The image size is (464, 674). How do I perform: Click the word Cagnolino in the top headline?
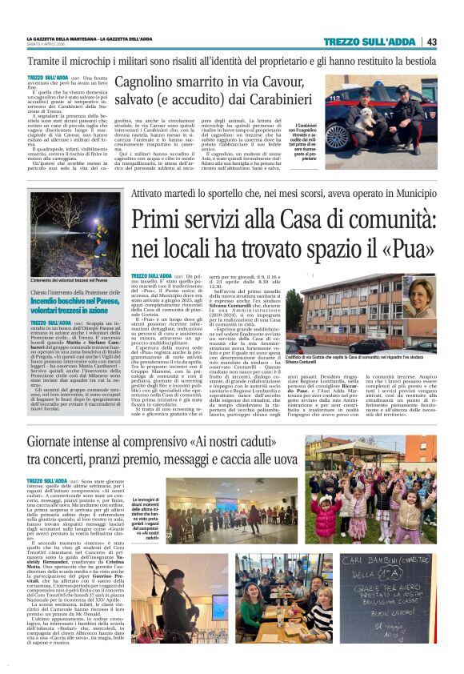click(x=150, y=82)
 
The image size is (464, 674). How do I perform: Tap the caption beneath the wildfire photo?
click(x=67, y=280)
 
